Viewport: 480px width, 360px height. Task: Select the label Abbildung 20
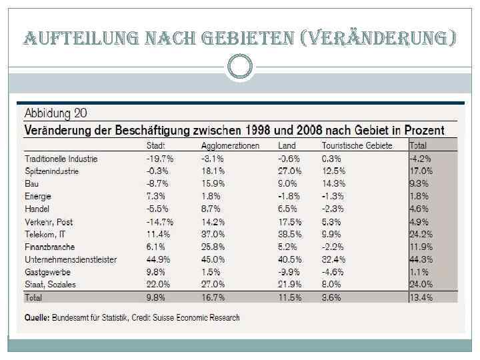[x=56, y=113]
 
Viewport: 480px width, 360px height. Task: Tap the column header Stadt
[x=156, y=145]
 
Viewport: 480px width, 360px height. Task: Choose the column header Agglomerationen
[x=230, y=145]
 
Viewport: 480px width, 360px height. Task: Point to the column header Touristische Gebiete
[x=357, y=145]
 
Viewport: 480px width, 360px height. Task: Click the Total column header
[x=419, y=145]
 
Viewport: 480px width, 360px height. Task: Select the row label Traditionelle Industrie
[x=61, y=159]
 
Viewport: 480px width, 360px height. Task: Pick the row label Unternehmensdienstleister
[x=71, y=259]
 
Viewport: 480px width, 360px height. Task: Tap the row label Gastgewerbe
[x=47, y=272]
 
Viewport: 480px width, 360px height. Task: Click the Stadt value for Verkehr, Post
[x=160, y=221]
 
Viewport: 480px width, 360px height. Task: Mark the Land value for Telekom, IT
[x=289, y=234]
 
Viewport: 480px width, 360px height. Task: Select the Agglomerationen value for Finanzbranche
[x=213, y=247]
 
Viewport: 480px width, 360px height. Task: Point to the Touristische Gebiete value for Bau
[x=333, y=183]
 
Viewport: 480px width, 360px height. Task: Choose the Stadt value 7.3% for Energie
[x=156, y=196]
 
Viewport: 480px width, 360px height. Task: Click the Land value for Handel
[x=287, y=209]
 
